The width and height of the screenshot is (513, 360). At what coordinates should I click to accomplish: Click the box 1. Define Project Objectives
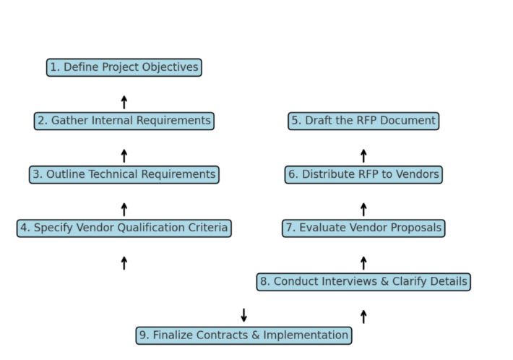[124, 67]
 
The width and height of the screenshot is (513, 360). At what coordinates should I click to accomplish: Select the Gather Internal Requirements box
[124, 121]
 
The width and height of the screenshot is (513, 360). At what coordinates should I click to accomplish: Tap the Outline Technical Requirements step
[124, 174]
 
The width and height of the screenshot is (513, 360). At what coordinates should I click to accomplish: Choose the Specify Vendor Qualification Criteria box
[124, 228]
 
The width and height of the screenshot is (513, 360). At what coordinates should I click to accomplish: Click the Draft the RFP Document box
[363, 121]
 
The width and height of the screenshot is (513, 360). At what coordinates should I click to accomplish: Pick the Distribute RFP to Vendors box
[363, 174]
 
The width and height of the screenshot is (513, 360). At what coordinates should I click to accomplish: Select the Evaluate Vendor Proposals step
[363, 228]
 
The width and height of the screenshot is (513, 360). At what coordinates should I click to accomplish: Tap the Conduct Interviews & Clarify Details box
[363, 281]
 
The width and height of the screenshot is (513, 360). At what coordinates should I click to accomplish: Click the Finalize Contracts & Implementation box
[244, 335]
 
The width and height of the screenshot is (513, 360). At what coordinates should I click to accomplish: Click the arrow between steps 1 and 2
[124, 102]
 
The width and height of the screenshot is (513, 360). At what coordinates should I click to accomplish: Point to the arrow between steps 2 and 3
[124, 155]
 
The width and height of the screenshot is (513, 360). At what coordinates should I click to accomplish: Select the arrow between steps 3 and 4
[124, 209]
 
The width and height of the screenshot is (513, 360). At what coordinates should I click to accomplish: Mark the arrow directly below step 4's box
[124, 262]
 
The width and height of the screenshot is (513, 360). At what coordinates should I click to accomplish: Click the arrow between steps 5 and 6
[363, 155]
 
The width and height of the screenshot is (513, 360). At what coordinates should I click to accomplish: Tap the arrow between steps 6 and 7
[363, 209]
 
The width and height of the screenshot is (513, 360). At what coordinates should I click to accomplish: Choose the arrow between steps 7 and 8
[363, 262]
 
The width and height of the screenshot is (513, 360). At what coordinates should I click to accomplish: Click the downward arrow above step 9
[244, 315]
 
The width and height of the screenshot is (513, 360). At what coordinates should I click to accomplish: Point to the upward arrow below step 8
[363, 316]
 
